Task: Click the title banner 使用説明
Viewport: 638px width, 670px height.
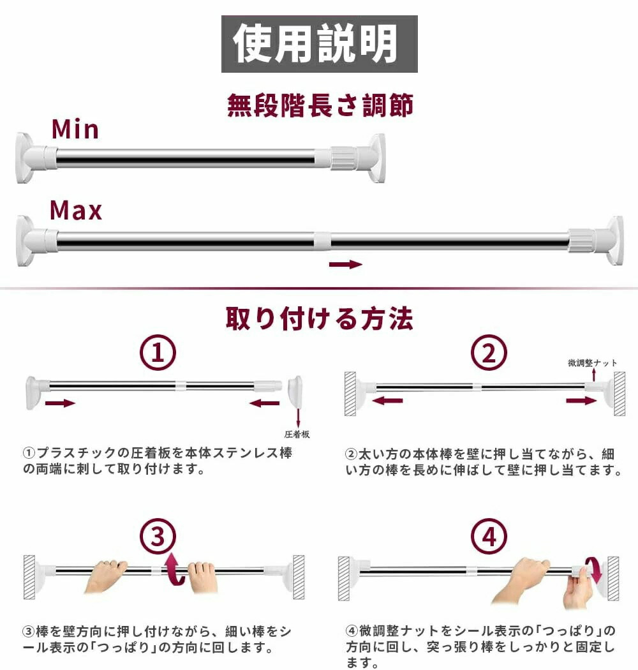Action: coord(319,43)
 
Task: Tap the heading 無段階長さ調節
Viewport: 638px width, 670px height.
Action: coord(320,105)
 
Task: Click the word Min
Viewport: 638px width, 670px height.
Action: coord(75,129)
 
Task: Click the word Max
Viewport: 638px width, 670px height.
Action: coord(76,210)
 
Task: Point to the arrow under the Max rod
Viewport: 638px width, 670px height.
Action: coord(345,264)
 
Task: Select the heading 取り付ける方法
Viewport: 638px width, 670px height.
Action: coord(319,319)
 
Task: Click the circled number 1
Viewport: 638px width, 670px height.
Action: coord(158,352)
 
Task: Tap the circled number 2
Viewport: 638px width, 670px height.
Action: coord(489,352)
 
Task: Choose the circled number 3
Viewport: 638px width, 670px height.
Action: coord(158,536)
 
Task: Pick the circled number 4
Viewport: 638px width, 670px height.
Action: coord(489,536)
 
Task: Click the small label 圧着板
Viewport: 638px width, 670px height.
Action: coord(297,434)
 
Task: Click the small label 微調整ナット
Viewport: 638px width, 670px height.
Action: coord(592,363)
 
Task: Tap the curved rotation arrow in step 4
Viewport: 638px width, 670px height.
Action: coord(593,570)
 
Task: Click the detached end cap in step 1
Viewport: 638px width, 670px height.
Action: coord(295,392)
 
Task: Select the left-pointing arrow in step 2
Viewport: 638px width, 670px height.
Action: coord(388,400)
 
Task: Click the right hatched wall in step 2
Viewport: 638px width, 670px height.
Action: coord(619,394)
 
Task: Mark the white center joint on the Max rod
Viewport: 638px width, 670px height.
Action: coord(322,240)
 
